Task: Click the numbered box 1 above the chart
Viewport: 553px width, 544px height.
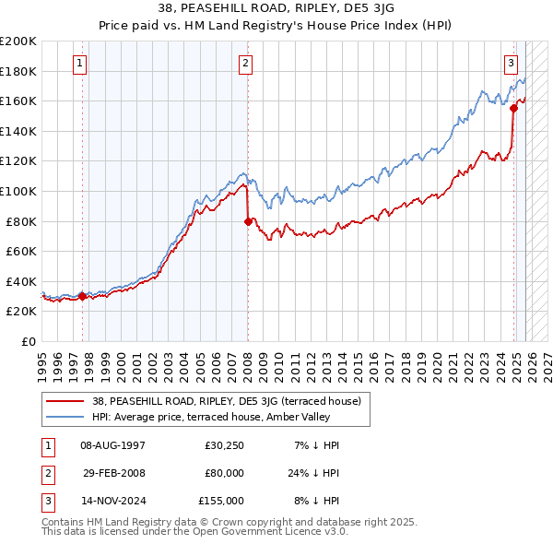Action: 80,64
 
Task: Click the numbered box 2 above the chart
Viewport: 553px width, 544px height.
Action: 246,64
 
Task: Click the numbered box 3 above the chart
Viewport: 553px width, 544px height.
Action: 511,64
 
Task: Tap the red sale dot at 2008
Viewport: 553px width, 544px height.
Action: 248,221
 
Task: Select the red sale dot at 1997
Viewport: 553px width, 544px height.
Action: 82,296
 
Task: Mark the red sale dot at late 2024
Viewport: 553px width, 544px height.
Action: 513,109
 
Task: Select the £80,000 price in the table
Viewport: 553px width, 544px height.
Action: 224,473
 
